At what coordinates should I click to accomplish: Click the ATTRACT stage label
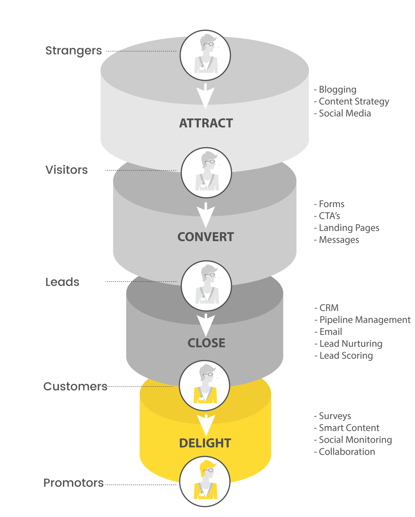click(206, 123)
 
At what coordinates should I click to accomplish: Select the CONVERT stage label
click(205, 237)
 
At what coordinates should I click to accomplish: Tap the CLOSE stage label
click(206, 343)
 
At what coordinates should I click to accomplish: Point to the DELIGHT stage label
click(205, 443)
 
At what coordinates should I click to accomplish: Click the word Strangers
click(73, 51)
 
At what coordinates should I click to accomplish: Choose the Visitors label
click(67, 170)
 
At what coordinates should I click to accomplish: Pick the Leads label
click(62, 282)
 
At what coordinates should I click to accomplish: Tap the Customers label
click(75, 387)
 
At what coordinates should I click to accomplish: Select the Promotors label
click(73, 483)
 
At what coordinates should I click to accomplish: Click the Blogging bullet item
click(337, 90)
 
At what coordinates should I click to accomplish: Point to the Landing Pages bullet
click(348, 228)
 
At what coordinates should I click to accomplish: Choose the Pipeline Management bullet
click(364, 320)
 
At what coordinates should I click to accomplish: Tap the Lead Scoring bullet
click(345, 355)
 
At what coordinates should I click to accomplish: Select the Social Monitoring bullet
click(355, 440)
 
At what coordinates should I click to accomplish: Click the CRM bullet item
click(328, 308)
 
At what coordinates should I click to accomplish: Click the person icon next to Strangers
click(205, 55)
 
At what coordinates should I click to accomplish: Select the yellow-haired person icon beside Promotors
click(205, 481)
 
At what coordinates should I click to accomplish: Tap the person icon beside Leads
click(206, 286)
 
